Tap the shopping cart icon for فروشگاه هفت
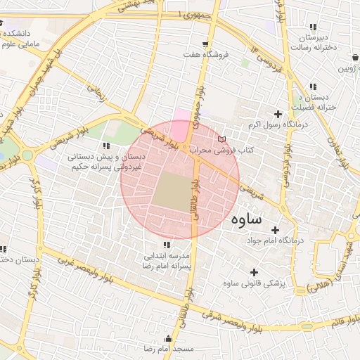pyautogui.click(x=205, y=43)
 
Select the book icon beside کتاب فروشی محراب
pyautogui.click(x=223, y=138)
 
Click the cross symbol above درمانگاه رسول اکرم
pyautogui.click(x=278, y=114)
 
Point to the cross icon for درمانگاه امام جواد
pyautogui.click(x=275, y=230)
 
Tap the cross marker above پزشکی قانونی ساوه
pyautogui.click(x=254, y=272)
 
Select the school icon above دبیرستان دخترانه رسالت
pyautogui.click(x=313, y=28)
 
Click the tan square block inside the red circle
pyautogui.click(x=172, y=191)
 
